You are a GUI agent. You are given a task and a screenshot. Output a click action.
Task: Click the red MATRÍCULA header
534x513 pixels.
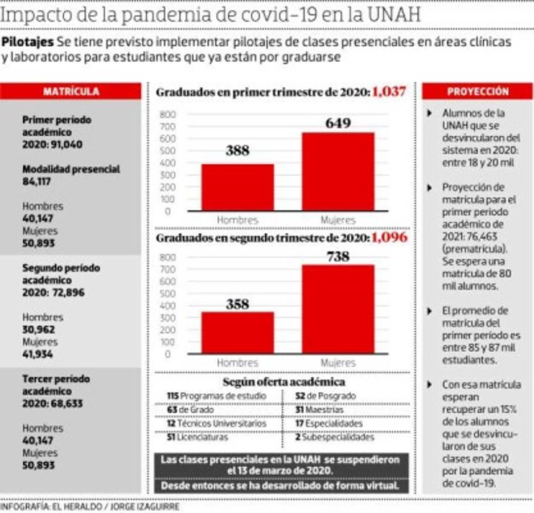(x=71, y=91)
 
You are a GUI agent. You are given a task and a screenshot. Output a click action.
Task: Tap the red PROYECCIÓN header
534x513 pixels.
(x=478, y=91)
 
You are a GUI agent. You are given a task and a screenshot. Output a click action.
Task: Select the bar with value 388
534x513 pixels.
(x=237, y=187)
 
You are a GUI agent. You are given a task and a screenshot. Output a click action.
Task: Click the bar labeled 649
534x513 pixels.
(x=338, y=171)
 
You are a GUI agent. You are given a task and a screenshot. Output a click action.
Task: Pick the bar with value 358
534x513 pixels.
(x=237, y=332)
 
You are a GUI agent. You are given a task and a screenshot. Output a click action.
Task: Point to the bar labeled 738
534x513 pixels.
(x=338, y=308)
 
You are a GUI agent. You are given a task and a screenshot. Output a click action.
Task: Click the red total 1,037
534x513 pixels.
(x=389, y=92)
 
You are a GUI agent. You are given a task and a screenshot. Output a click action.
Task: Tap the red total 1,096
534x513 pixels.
(x=389, y=237)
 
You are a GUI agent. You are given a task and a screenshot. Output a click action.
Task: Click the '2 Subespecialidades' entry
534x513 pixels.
(x=335, y=438)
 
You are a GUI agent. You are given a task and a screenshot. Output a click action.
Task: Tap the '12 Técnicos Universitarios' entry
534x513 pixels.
(x=216, y=424)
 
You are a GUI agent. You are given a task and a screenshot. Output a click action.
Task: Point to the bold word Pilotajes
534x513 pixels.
(x=27, y=42)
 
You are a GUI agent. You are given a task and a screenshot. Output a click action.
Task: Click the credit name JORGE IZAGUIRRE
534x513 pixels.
(x=145, y=506)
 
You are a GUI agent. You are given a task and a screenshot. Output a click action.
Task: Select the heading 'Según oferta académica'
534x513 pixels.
(x=284, y=381)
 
